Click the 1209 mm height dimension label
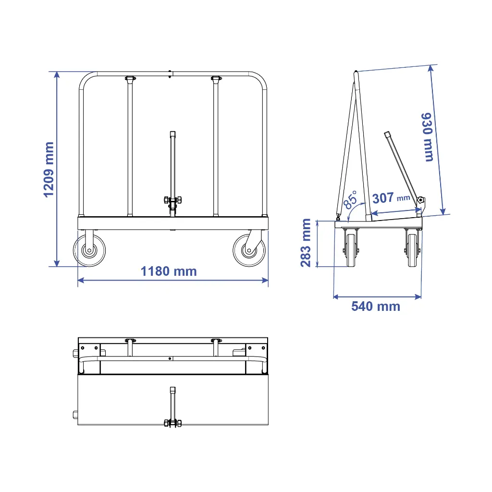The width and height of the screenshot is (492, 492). [x=48, y=170]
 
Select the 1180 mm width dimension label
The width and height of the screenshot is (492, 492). [x=169, y=271]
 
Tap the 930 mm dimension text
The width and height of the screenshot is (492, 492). [x=427, y=137]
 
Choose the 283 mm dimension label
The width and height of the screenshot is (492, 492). [x=306, y=243]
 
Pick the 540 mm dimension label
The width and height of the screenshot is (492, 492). [x=375, y=306]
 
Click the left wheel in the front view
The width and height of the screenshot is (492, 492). [x=89, y=250]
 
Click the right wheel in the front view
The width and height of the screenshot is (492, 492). [x=249, y=250]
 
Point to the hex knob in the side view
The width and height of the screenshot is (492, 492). [x=421, y=200]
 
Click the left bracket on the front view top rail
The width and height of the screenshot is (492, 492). [x=130, y=78]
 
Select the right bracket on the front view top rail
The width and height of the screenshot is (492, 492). [x=216, y=78]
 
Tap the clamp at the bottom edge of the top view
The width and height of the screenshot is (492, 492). [x=172, y=423]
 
